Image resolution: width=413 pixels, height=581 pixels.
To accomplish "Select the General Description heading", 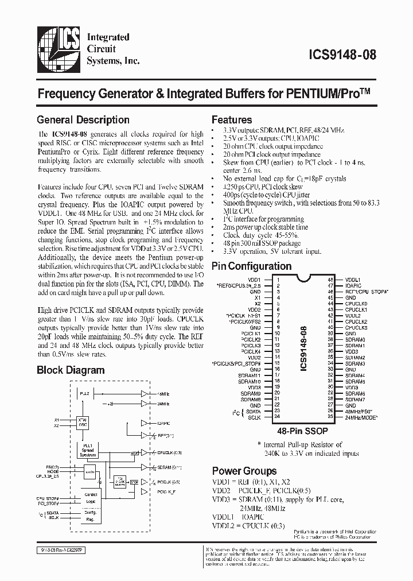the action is (83, 120).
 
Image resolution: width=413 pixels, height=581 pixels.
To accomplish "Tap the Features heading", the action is (232, 120).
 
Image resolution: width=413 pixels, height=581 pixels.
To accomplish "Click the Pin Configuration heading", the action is (251, 266).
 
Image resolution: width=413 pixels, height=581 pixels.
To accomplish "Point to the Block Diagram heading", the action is (71, 370).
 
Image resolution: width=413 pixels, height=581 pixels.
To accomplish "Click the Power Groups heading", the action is (244, 471).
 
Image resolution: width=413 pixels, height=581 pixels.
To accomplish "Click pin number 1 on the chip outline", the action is (278, 279).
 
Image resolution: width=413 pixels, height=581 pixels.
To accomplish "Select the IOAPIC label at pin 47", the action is (353, 285).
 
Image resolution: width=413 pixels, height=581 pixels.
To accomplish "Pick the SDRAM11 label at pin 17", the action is (250, 375).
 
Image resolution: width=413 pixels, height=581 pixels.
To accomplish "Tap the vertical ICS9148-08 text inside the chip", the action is (304, 347).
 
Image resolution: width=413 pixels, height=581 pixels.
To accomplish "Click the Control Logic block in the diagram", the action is (91, 497).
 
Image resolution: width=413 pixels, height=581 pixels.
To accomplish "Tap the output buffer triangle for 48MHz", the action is (145, 394).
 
